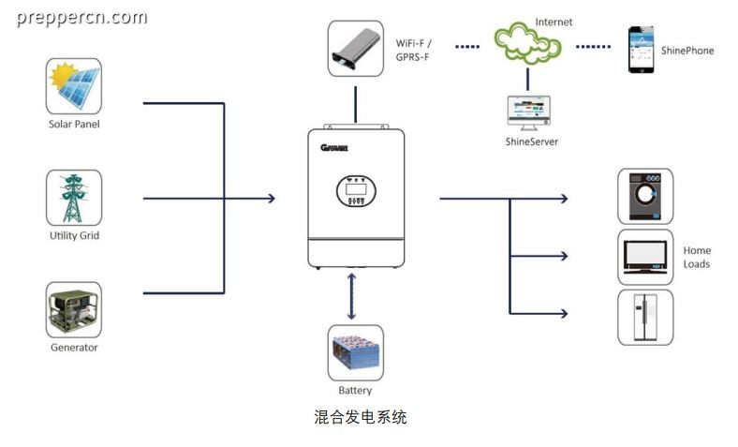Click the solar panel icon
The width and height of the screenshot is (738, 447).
[73, 85]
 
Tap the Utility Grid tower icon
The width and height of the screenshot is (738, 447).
[73, 198]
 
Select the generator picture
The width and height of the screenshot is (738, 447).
[73, 309]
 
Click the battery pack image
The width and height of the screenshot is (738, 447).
[355, 352]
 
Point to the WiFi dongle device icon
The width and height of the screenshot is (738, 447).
[355, 49]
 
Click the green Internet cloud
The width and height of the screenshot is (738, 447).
[527, 43]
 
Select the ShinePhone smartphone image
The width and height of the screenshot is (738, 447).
[641, 50]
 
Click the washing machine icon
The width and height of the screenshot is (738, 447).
[645, 196]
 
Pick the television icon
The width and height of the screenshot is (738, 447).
[645, 257]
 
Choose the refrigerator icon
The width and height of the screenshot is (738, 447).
[645, 318]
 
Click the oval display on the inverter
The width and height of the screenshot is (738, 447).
[356, 191]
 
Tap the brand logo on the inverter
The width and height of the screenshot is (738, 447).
[334, 148]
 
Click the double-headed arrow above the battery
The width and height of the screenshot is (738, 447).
[351, 297]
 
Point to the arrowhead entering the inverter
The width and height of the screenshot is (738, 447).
[272, 199]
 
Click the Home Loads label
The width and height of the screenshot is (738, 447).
[697, 257]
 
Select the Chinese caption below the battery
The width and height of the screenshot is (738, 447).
[360, 417]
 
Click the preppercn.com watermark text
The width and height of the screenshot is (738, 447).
[81, 18]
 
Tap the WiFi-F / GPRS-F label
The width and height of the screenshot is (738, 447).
[413, 50]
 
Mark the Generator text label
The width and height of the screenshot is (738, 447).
[74, 348]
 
